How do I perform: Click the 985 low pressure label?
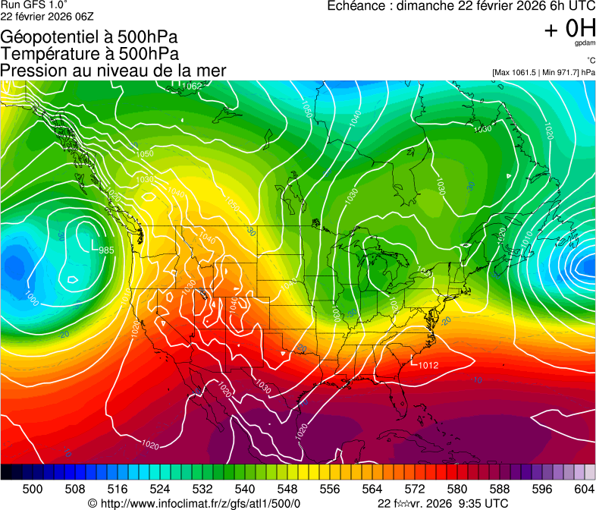(x=106, y=250)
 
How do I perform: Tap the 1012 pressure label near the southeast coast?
(x=428, y=365)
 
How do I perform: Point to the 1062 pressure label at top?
(x=192, y=86)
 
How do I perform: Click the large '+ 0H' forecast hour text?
(x=569, y=28)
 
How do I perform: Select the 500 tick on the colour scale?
(x=33, y=489)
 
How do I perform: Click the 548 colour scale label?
(x=287, y=489)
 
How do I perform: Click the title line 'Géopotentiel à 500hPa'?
(x=89, y=37)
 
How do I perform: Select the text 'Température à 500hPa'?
(x=89, y=54)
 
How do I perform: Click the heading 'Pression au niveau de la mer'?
(x=114, y=71)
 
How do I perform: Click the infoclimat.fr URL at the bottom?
(x=195, y=503)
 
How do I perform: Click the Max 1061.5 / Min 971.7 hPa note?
(x=544, y=72)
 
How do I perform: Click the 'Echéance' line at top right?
(x=461, y=6)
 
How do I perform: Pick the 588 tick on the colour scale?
(x=500, y=489)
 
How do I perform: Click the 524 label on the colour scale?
(x=160, y=489)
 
